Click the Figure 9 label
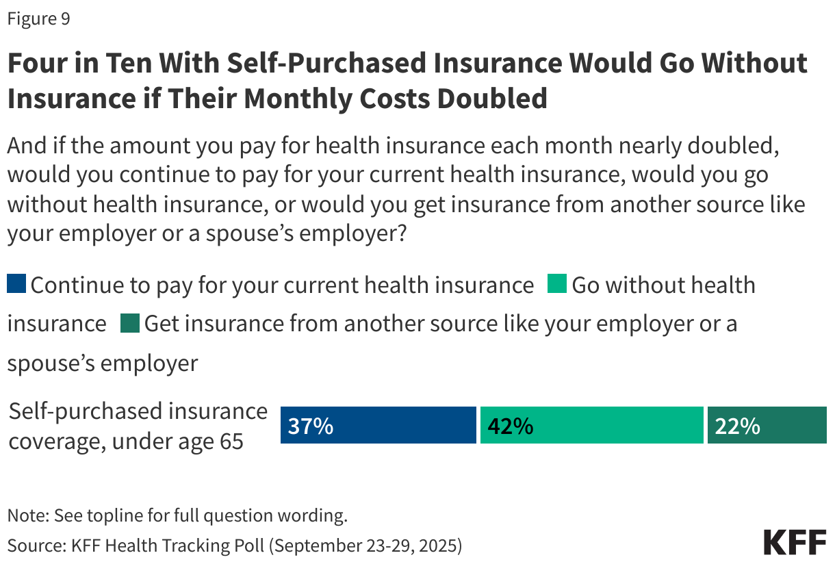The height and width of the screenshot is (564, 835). tap(38, 19)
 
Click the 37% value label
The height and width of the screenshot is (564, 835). tap(310, 426)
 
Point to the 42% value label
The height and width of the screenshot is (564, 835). tap(510, 426)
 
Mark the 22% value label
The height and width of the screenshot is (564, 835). tap(737, 426)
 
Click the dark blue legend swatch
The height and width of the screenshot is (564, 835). tap(16, 284)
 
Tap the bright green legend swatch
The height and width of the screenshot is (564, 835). tap(557, 284)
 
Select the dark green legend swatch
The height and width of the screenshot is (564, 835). tap(130, 323)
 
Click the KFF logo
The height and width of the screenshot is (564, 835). tap(795, 542)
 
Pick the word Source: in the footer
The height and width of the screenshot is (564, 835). tap(34, 546)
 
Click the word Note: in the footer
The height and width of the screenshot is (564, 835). tap(27, 515)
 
